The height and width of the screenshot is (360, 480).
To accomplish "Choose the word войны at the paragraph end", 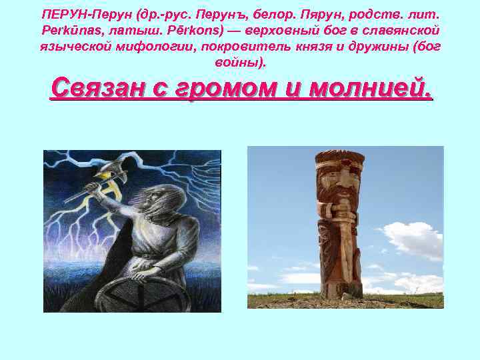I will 236,63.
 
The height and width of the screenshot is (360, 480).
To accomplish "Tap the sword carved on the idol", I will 341,240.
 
